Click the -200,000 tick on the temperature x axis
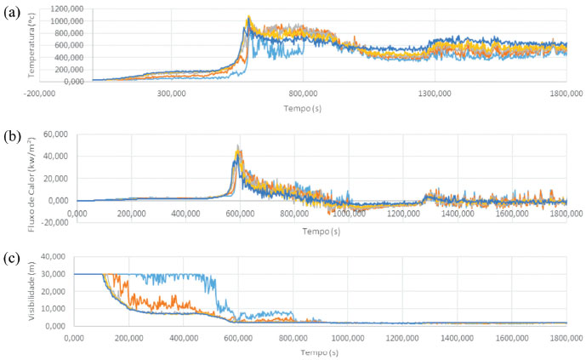pos(40,94)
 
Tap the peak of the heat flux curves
pos(238,146)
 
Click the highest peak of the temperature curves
pos(248,16)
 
